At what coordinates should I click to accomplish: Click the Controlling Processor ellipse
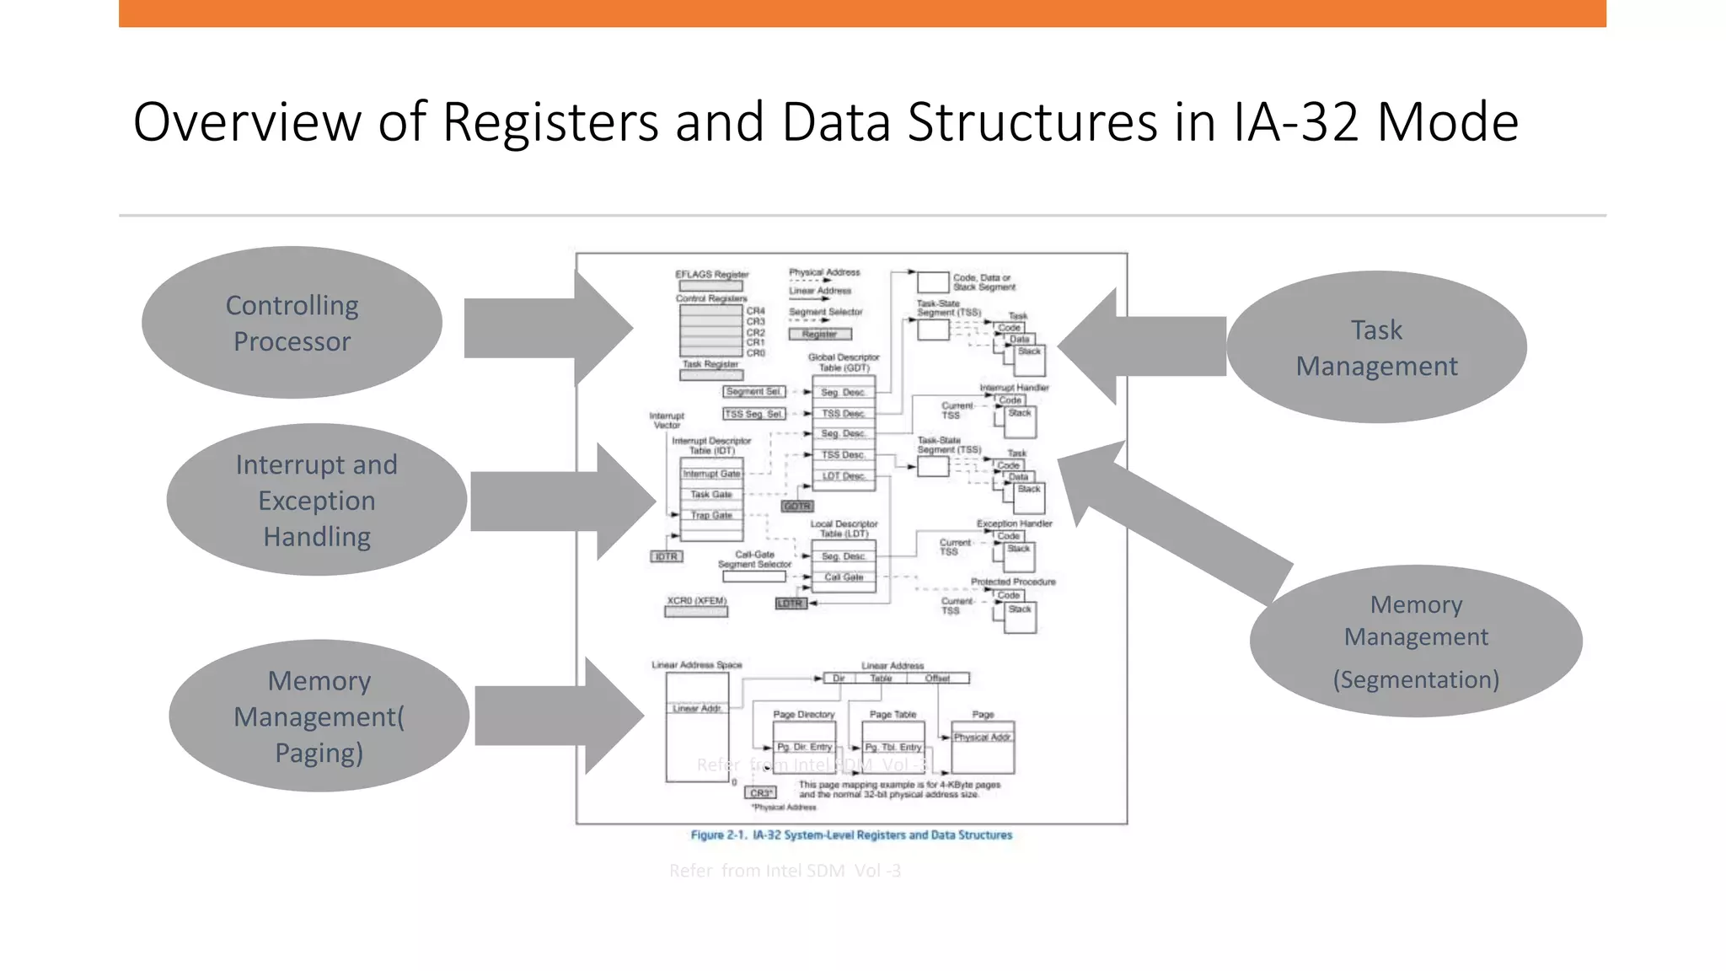coord(292,323)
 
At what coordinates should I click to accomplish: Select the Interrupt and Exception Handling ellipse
coord(316,500)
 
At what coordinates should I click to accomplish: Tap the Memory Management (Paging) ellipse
coord(319,716)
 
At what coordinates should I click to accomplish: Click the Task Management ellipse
coord(1376,347)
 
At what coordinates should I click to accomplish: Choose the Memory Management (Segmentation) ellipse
coord(1416,641)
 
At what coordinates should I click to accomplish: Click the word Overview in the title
coord(246,122)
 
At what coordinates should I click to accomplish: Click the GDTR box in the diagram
coord(796,507)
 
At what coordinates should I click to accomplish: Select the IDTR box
coord(666,556)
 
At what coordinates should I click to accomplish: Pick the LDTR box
coord(791,604)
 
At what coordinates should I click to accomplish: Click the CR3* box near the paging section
coord(760,793)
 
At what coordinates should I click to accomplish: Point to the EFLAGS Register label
coord(711,274)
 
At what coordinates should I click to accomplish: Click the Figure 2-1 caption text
coord(851,835)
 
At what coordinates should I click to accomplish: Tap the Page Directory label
coord(803,714)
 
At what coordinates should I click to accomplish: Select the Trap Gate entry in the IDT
coord(711,515)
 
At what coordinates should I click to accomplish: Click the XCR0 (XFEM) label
coord(696,601)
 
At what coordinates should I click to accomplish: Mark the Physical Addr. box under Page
coord(982,738)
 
